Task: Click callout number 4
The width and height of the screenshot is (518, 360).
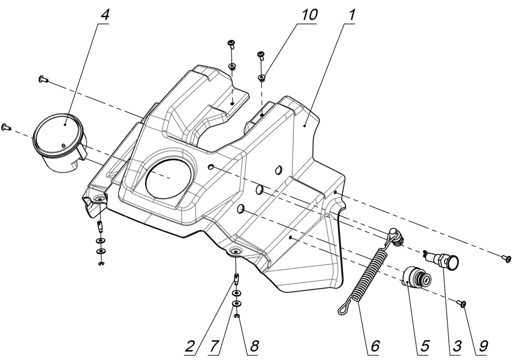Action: click(105, 15)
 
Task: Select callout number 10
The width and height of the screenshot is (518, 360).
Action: click(309, 15)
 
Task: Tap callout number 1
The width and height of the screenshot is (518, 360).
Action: click(351, 15)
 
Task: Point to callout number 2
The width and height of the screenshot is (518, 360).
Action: click(189, 347)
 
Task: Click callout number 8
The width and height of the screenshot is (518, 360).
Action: click(254, 347)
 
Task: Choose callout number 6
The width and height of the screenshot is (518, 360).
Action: click(375, 347)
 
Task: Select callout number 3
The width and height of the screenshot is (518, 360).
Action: click(456, 347)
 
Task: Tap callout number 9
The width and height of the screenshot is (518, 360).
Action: click(483, 347)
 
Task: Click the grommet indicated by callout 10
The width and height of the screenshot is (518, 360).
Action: click(262, 77)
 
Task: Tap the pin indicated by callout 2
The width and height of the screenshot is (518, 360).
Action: click(236, 277)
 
